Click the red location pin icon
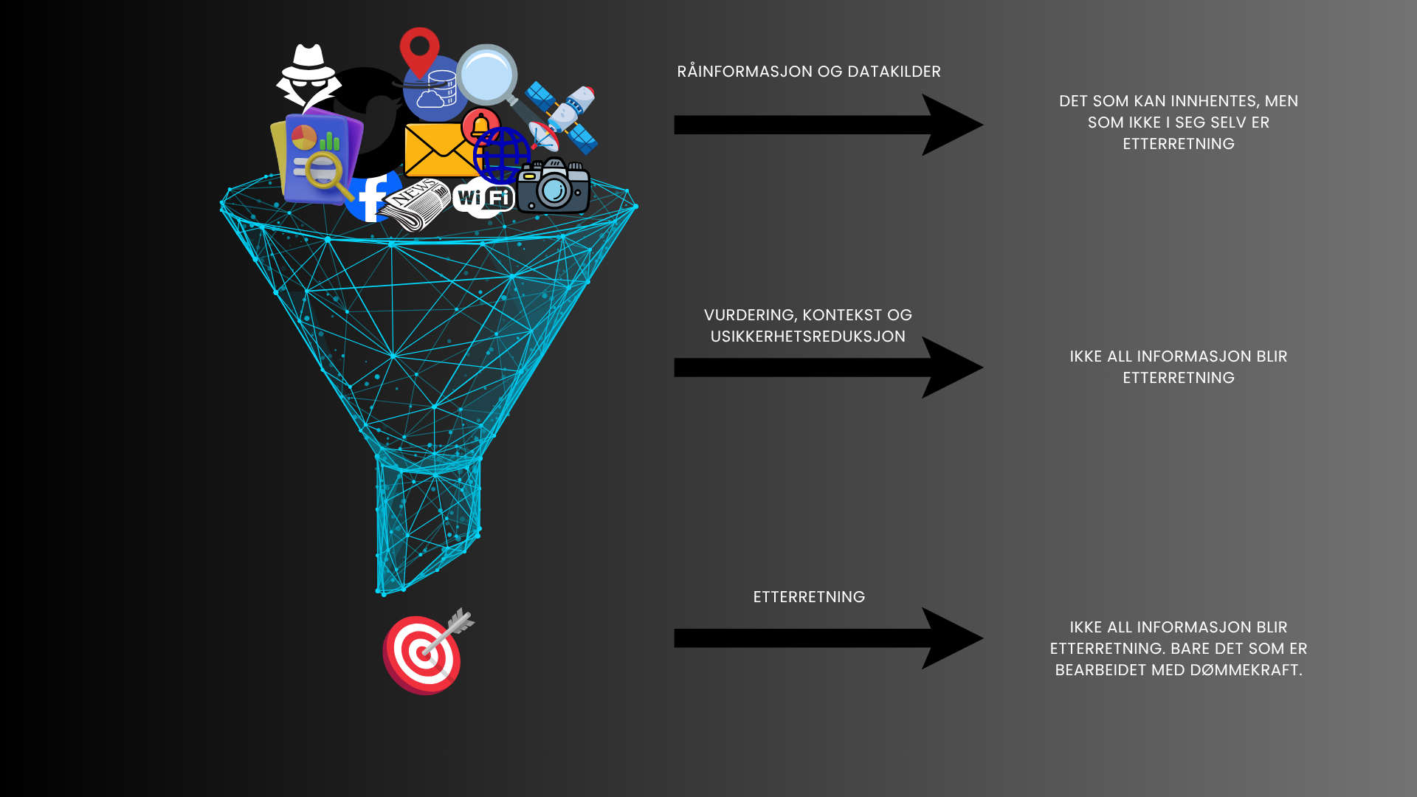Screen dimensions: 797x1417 (419, 50)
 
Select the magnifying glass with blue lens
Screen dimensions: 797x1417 (487, 75)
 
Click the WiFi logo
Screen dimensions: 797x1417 (484, 198)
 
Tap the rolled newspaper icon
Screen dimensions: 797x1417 (416, 203)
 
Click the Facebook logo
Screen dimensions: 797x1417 (373, 196)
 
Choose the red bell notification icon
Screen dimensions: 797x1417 (481, 125)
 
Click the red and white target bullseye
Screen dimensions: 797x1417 (422, 654)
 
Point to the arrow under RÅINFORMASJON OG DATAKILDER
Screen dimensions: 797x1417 (827, 125)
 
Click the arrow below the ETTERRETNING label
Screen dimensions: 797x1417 (827, 638)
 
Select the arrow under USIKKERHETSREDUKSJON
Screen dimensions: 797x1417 (827, 368)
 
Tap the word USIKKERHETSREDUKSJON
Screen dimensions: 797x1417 (807, 337)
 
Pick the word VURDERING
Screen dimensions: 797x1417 (748, 315)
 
